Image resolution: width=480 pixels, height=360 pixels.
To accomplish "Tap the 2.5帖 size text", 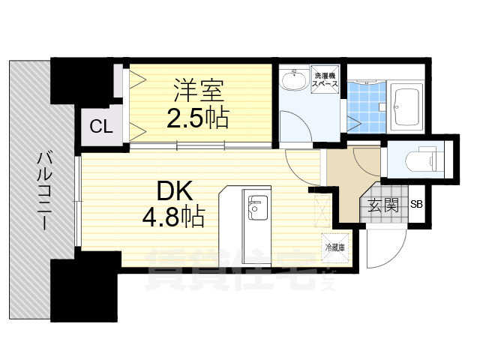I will [x=197, y=118].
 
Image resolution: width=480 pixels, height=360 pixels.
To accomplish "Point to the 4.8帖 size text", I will [x=174, y=217].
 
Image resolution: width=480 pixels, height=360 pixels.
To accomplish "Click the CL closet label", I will [x=101, y=126].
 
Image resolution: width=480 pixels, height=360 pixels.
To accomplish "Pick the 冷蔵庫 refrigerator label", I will [x=335, y=247].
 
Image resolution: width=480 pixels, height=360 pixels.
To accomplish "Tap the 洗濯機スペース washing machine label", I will [x=325, y=81].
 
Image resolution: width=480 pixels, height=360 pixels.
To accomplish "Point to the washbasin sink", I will [x=293, y=82].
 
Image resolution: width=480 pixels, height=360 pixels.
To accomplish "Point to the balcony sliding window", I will [x=78, y=202].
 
